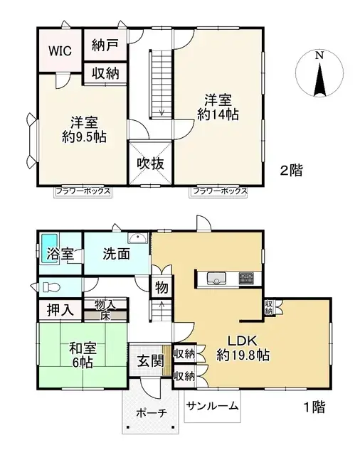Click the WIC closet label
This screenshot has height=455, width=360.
[x=59, y=50]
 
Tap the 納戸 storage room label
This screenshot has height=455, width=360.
[x=105, y=45]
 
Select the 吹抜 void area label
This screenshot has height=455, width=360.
[x=150, y=163]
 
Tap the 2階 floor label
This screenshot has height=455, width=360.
[x=291, y=170]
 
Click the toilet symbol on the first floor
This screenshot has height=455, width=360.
[x=48, y=287]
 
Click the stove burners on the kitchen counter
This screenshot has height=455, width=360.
[x=246, y=277]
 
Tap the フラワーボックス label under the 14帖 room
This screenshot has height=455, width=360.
[x=218, y=191]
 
